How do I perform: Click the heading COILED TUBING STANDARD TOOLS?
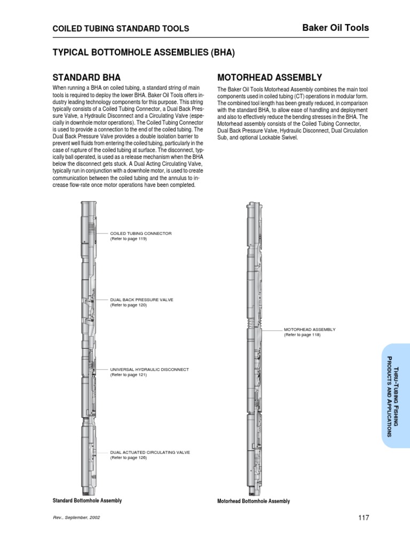pos(120,29)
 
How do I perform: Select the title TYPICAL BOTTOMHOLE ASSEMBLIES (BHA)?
pos(143,53)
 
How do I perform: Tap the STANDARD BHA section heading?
pos(90,77)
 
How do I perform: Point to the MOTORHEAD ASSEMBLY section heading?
pos(270,77)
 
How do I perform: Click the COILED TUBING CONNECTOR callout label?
pos(141,233)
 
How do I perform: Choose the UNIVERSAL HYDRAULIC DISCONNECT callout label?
pos(149,369)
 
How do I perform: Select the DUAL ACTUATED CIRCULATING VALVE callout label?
pos(150,452)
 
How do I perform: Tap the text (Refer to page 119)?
pos(128,239)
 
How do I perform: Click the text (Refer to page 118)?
pos(302,335)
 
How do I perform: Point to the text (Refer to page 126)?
pos(128,458)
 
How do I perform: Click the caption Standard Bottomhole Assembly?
pos(87,501)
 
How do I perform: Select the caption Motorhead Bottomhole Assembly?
pos(254,501)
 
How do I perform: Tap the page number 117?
pos(363,518)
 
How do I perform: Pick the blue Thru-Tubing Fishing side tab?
pos(396,395)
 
